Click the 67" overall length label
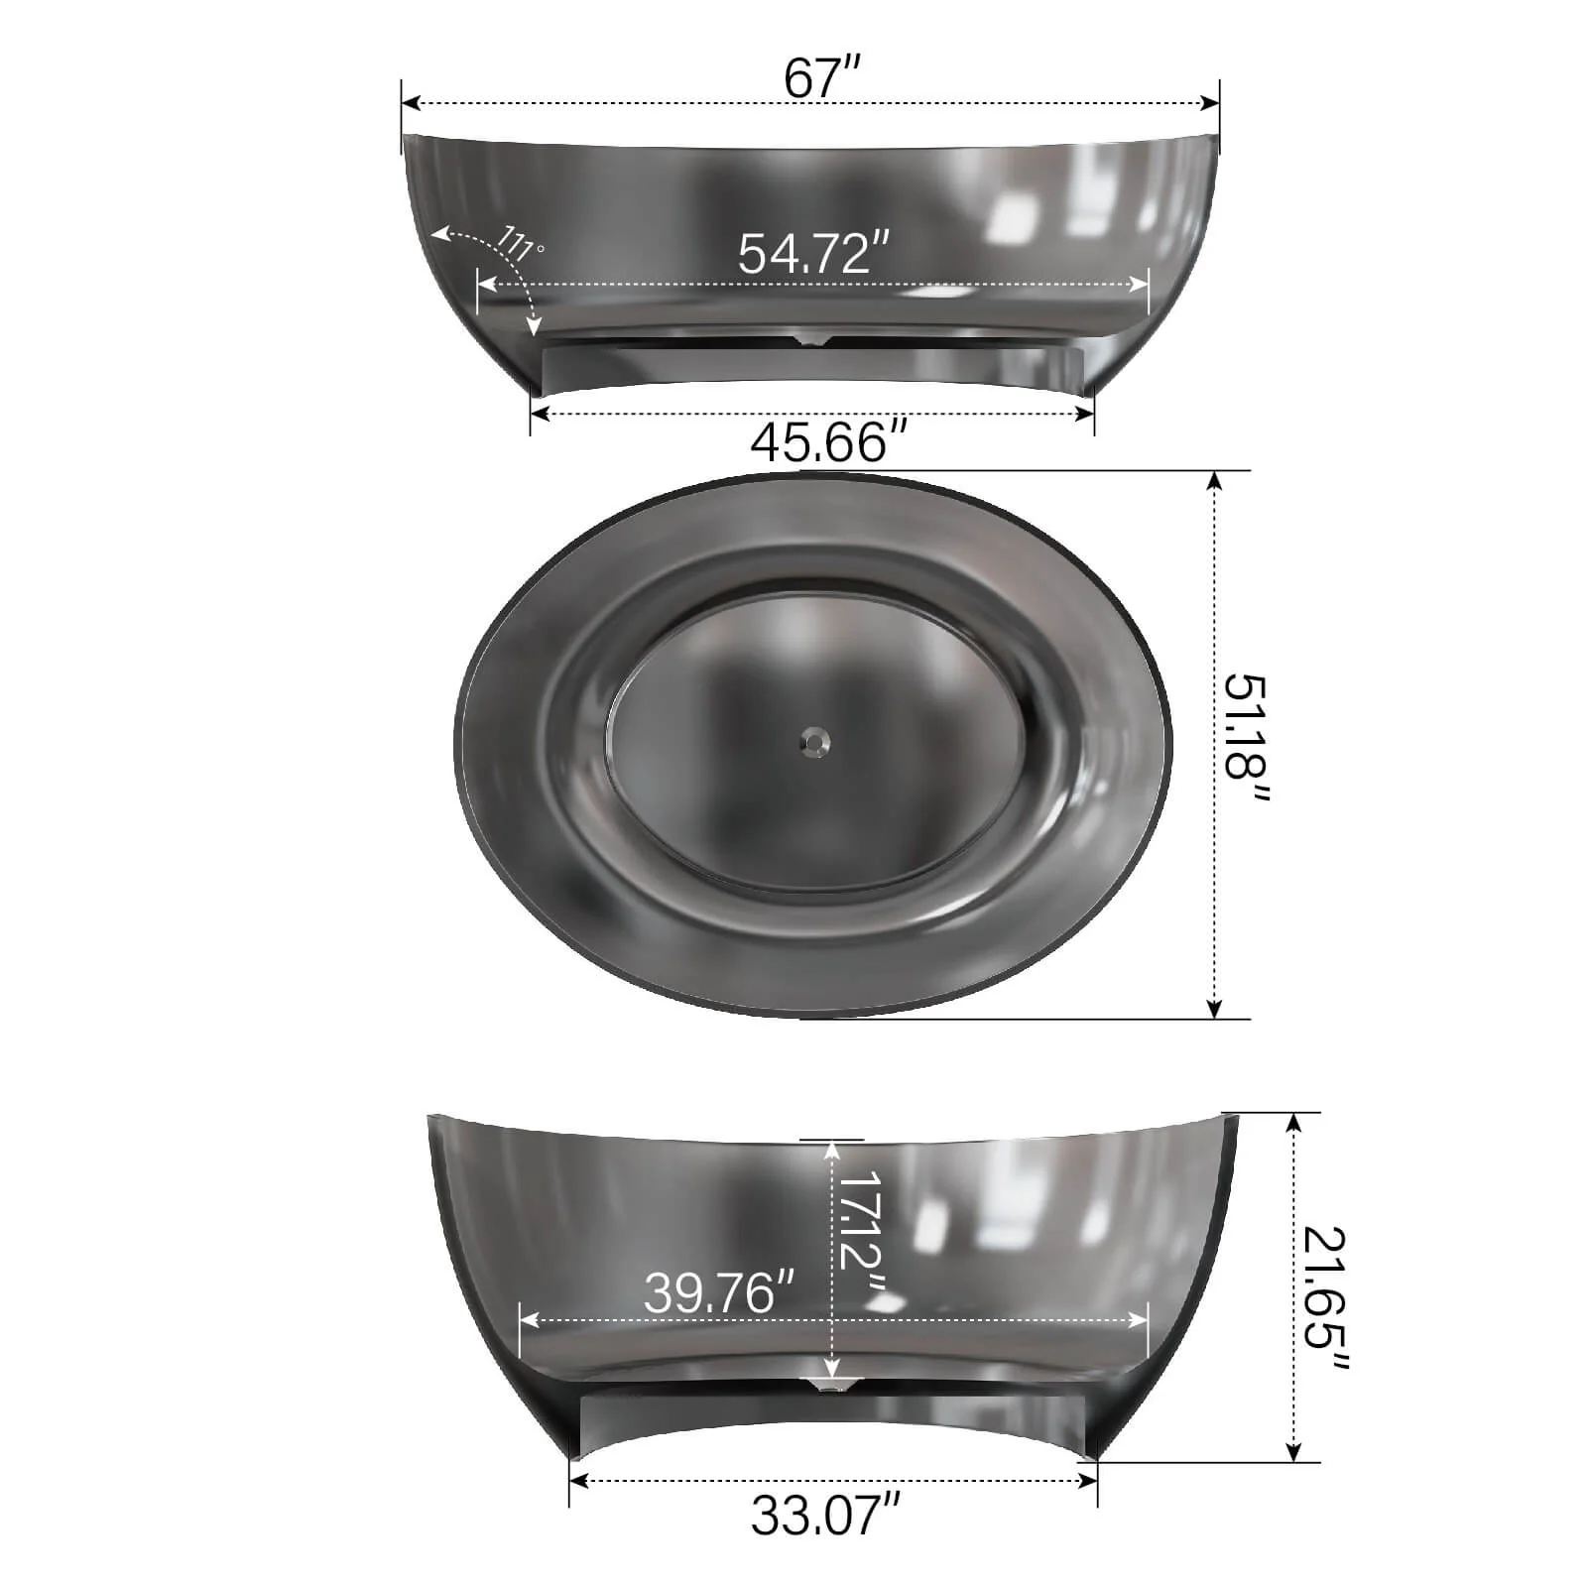click(x=821, y=77)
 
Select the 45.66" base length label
click(x=828, y=441)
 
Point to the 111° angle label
click(x=520, y=242)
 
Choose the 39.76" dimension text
click(x=719, y=1293)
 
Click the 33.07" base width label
click(x=825, y=1515)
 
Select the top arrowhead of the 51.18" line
click(x=1215, y=480)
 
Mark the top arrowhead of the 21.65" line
click(x=1293, y=1122)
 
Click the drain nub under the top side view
click(x=813, y=341)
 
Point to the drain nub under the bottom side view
click(x=829, y=1384)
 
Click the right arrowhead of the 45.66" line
click(x=1086, y=413)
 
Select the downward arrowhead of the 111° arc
click(x=535, y=327)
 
